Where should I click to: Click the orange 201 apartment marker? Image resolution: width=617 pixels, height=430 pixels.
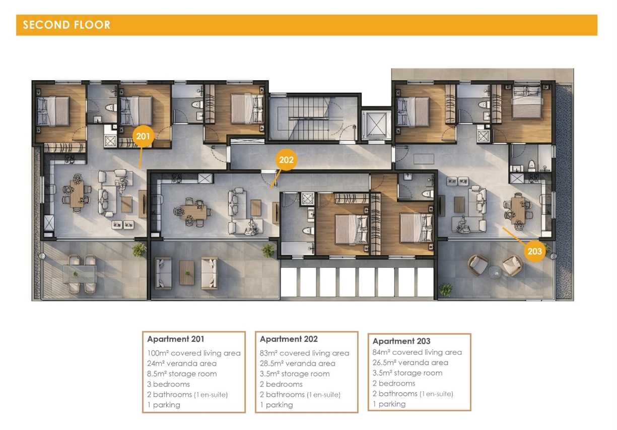[143, 136]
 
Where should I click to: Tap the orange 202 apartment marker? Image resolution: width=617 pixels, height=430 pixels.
[286, 160]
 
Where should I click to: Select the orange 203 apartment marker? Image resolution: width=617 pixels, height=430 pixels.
[534, 251]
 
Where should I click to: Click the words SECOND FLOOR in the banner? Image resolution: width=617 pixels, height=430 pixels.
[66, 25]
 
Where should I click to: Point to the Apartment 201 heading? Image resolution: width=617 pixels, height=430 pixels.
[175, 339]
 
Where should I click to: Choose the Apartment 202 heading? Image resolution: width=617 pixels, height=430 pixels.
[289, 339]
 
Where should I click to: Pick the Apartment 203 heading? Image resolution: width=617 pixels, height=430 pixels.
[401, 341]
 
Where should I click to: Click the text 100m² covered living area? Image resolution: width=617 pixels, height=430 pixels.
[193, 353]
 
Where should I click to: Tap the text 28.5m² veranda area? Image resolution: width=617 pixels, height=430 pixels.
[298, 363]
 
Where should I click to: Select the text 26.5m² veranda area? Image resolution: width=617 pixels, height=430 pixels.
[410, 362]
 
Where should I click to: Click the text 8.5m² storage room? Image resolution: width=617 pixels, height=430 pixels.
[182, 374]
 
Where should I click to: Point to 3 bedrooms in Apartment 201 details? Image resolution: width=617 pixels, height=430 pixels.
[168, 384]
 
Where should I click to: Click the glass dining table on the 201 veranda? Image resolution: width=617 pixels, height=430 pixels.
[80, 274]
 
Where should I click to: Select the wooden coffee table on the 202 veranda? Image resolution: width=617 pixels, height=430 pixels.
[187, 273]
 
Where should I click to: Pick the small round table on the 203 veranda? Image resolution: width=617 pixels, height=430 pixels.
[496, 272]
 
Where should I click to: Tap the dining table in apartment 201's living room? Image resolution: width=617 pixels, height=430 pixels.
[77, 194]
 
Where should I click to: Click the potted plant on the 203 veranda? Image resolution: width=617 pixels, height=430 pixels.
[445, 290]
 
